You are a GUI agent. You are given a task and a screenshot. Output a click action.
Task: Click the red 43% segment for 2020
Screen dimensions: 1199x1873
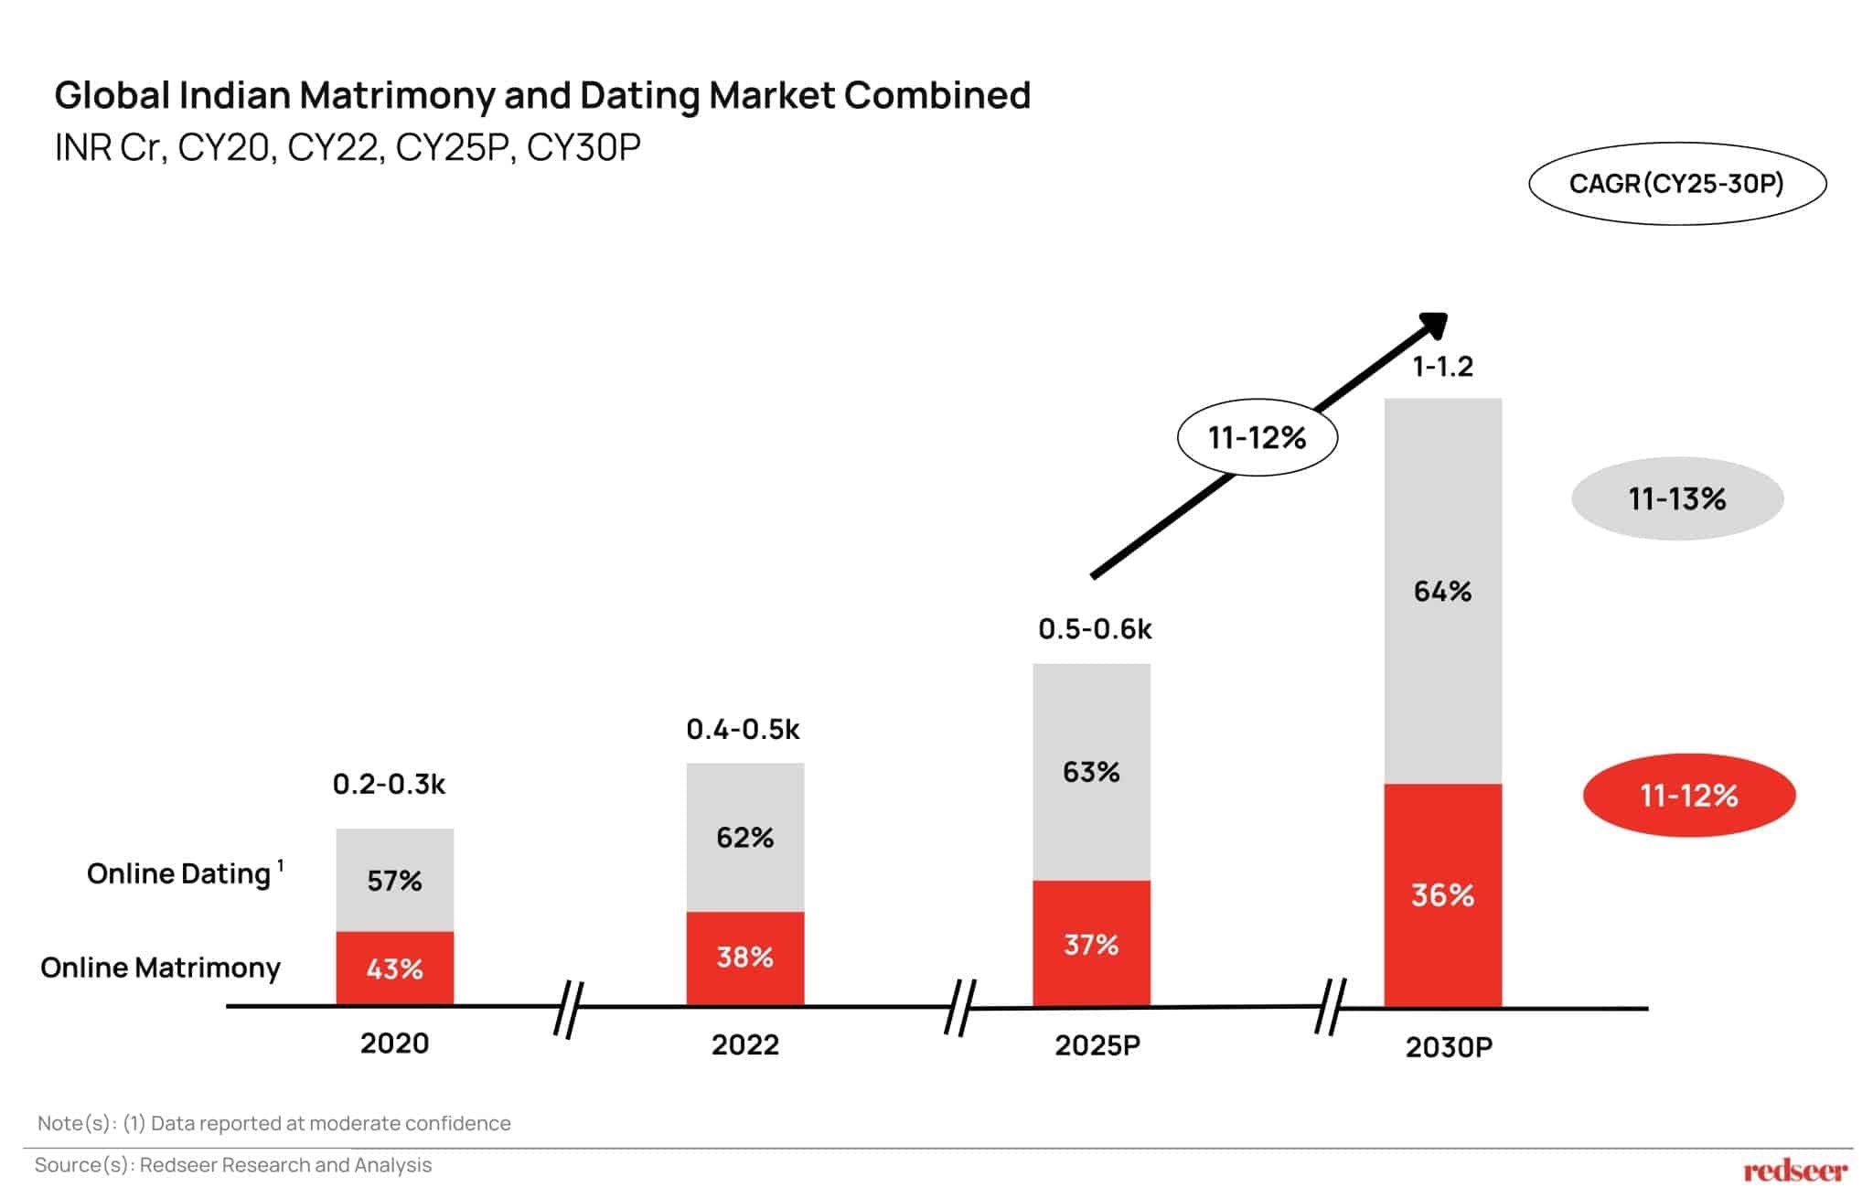[x=394, y=969]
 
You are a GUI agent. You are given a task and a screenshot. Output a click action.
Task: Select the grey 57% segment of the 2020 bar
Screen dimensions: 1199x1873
[x=394, y=880]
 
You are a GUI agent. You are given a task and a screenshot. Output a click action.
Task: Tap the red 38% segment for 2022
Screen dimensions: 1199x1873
[x=744, y=958]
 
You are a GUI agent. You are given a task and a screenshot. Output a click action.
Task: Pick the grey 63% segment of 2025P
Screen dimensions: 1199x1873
[x=1091, y=772]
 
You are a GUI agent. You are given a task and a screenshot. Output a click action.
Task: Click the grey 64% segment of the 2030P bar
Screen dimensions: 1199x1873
[x=1442, y=591]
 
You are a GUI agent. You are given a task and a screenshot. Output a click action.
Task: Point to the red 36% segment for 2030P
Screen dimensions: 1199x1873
[x=1442, y=894]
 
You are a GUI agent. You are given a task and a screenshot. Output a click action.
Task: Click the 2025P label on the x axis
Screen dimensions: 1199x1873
[x=1097, y=1044]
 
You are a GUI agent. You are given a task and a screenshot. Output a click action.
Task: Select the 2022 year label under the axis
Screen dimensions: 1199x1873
[x=744, y=1044]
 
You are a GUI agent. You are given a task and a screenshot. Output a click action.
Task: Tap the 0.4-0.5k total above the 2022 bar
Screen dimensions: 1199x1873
[x=743, y=729]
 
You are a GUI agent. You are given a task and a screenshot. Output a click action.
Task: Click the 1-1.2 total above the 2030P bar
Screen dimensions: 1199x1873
[x=1442, y=367]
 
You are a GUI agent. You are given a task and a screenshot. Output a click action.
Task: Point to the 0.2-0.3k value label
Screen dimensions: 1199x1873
[x=389, y=784]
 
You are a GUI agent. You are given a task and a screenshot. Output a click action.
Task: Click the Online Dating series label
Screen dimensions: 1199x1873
[x=179, y=873]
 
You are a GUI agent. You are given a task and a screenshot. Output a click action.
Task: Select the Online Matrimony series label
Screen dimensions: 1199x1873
[x=160, y=968]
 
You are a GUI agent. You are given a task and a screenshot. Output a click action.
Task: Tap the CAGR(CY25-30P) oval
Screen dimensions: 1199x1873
[x=1676, y=184]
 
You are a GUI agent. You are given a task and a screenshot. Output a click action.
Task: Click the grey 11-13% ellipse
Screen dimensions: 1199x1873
[x=1676, y=498]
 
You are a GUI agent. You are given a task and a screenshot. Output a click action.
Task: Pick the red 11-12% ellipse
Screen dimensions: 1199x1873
[x=1688, y=795]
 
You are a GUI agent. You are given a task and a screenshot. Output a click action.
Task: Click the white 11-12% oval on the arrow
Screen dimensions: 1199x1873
[x=1257, y=437]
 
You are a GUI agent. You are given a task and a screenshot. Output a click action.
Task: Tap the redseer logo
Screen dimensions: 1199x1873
[x=1794, y=1170]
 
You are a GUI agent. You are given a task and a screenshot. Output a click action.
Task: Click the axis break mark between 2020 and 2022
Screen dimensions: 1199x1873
[x=568, y=1009]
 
